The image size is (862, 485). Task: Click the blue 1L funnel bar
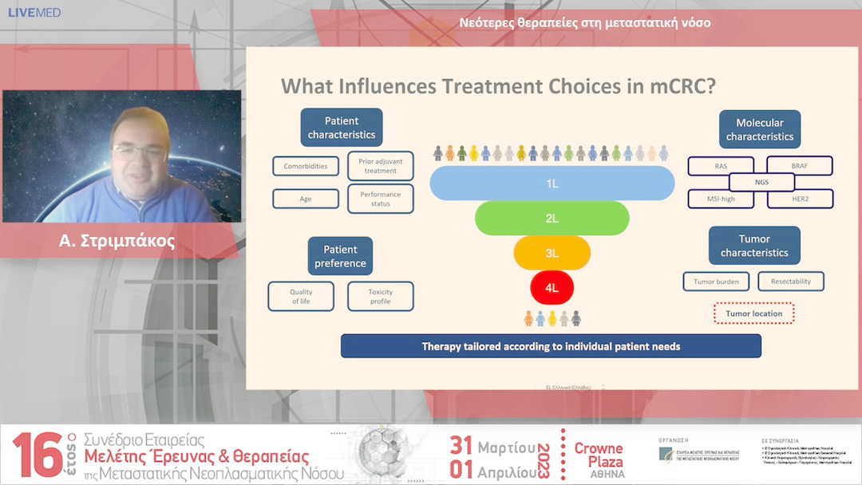(x=552, y=183)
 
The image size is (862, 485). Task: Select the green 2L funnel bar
(x=552, y=218)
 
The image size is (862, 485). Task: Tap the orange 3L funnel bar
(x=552, y=253)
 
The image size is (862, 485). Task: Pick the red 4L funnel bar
(x=552, y=287)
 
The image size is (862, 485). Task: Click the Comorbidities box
(x=306, y=167)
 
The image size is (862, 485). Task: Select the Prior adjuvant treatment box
(x=381, y=166)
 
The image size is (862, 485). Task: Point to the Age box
(x=306, y=199)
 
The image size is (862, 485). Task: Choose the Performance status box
(x=381, y=199)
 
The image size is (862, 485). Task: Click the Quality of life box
(x=301, y=296)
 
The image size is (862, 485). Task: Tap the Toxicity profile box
(x=381, y=296)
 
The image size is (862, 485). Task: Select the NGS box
(x=761, y=182)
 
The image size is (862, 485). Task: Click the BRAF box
(x=800, y=166)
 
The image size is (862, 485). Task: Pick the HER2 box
(x=800, y=199)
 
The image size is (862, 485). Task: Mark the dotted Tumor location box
(x=753, y=313)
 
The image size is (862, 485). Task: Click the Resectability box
(x=791, y=282)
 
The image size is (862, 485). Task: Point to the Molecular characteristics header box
(x=759, y=130)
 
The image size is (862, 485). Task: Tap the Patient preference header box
(x=340, y=256)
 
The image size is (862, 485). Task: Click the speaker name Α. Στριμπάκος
(x=117, y=242)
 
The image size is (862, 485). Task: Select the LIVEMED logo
(x=34, y=13)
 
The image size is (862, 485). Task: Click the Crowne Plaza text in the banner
(x=599, y=455)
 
